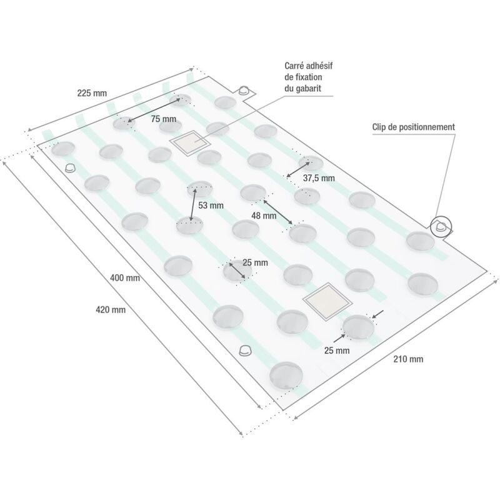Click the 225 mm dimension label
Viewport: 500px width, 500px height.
tap(92, 93)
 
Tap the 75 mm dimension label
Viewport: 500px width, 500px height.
tap(164, 119)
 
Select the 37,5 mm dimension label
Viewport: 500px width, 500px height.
tap(319, 178)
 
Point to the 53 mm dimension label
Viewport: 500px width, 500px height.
tap(211, 206)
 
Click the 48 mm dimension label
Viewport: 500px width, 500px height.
tap(264, 216)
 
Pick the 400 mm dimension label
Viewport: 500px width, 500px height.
tap(125, 277)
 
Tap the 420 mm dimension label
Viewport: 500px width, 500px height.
tap(111, 309)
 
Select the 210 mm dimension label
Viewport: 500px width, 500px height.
tap(408, 359)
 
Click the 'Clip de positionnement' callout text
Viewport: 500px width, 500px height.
tap(414, 127)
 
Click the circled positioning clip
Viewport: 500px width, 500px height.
tap(441, 227)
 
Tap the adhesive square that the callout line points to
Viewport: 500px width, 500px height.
tap(191, 144)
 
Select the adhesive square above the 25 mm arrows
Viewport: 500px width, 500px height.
tap(327, 301)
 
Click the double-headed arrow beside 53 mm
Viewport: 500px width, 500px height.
tap(192, 204)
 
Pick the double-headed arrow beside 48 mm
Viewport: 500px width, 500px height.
tap(277, 212)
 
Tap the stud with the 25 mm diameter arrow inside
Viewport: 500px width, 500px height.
tap(237, 271)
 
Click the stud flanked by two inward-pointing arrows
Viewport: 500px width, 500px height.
tap(358, 327)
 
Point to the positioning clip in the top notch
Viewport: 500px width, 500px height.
tap(244, 90)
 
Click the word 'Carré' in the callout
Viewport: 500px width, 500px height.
tap(294, 66)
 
